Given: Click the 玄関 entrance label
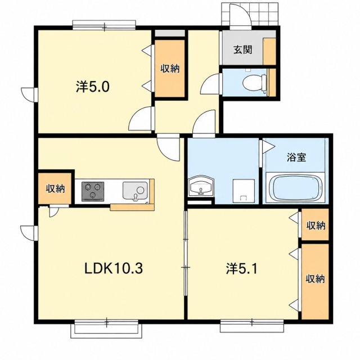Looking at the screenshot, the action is pos(243,50).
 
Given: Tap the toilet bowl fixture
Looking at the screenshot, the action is pos(255,83).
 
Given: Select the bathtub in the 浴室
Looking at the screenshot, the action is pos(295,187).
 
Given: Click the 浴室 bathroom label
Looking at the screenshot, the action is pos(296,157).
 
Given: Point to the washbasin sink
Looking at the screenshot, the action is pos(201,186).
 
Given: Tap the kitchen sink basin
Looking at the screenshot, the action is pos(135,191).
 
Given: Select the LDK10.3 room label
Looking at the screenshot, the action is pos(114,268).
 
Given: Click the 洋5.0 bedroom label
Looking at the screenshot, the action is pos(92,87).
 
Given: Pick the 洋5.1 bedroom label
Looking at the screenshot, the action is pos(242,269).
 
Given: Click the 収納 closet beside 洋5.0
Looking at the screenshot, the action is pos(170,69).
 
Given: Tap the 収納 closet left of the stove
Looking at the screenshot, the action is pos(55,188).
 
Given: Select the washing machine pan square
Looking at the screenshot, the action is pos(244,191).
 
